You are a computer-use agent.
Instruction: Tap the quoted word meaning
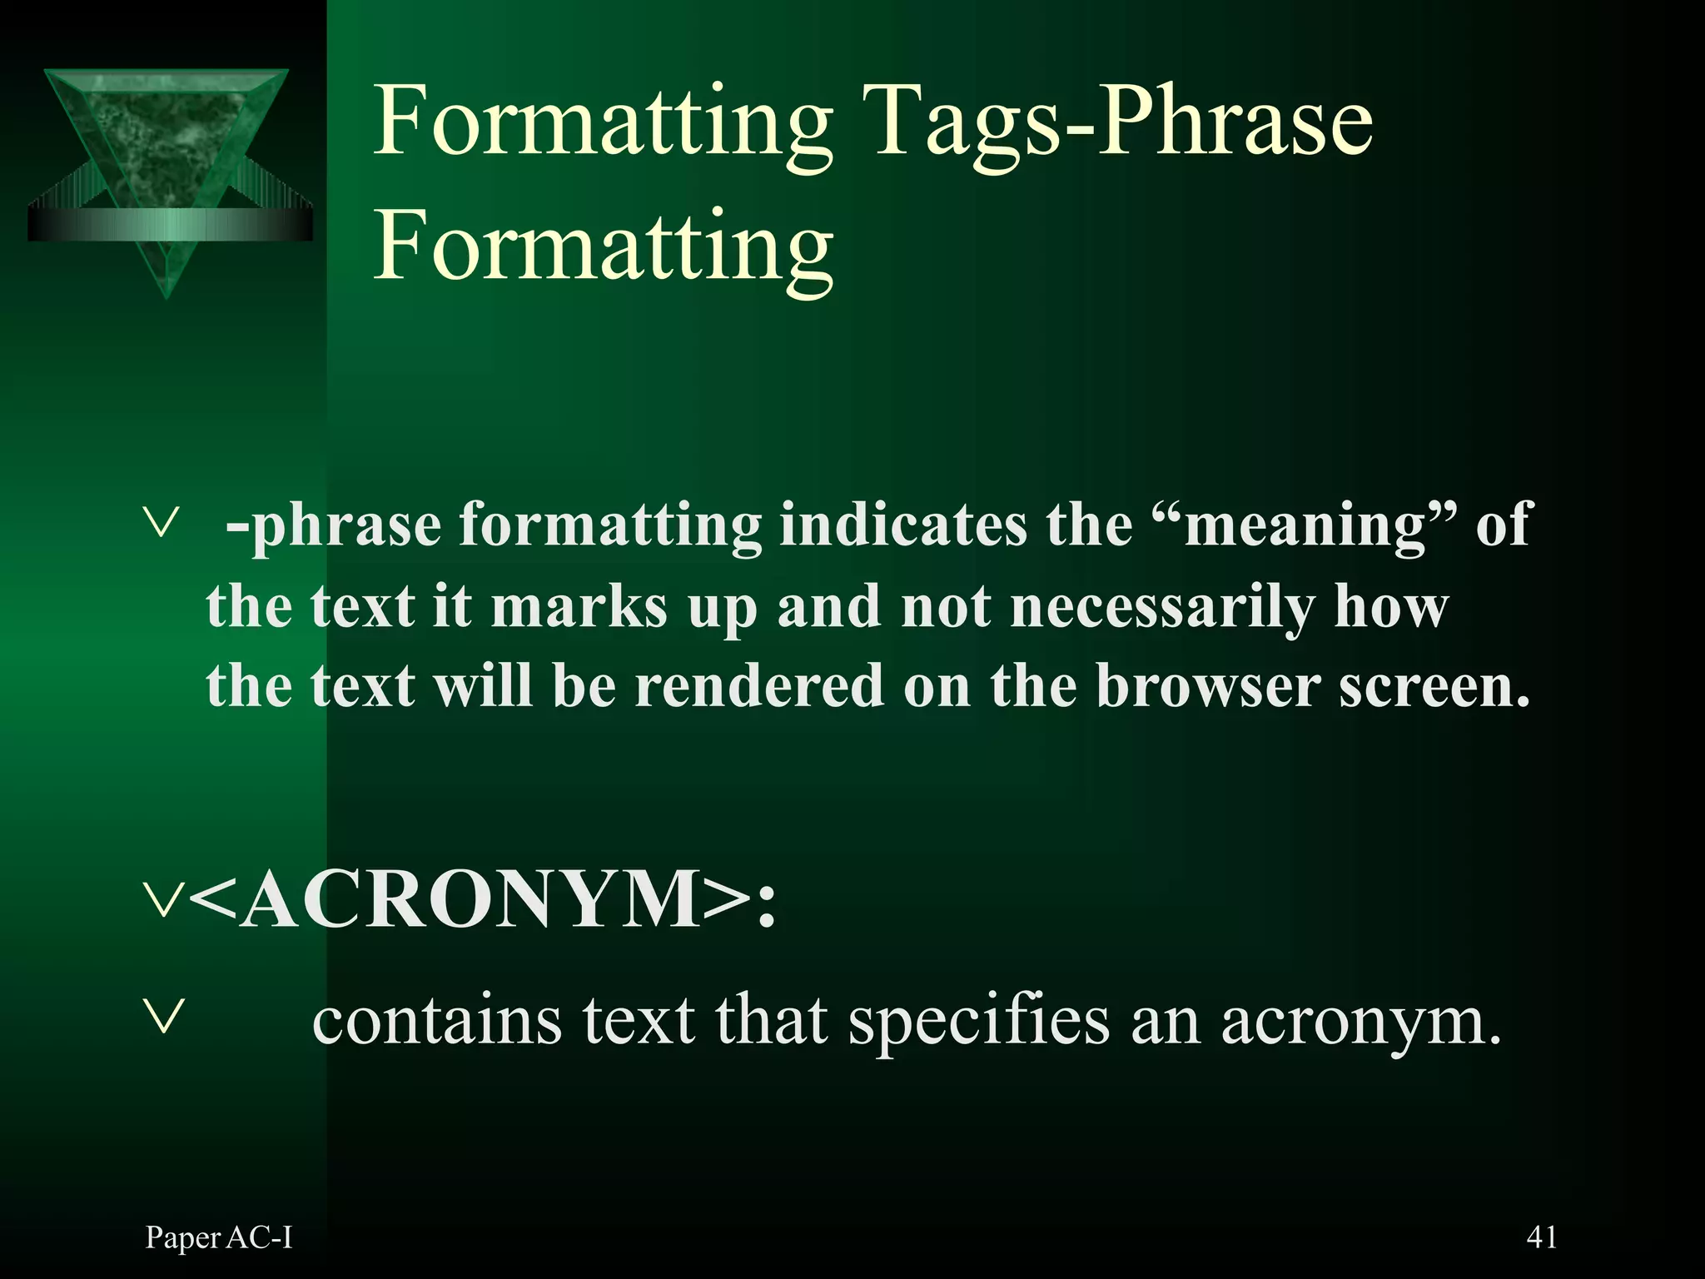1305,526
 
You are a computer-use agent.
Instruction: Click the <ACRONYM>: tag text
483,901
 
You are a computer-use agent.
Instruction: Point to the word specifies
979,1022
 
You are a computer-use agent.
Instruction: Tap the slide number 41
1542,1237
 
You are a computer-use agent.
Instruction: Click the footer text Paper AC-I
219,1238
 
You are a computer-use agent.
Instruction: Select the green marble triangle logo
167,167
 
